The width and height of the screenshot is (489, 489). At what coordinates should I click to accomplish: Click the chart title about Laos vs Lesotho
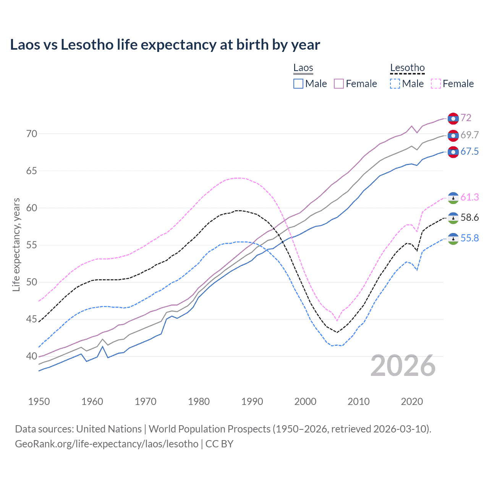[x=165, y=45]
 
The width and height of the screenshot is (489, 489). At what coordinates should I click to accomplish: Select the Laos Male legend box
[x=298, y=84]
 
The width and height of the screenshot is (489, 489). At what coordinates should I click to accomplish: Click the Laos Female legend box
[x=339, y=84]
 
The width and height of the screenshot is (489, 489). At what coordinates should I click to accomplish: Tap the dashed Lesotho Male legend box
[x=395, y=84]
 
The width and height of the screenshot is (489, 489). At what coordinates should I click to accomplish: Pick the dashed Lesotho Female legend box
[x=436, y=84]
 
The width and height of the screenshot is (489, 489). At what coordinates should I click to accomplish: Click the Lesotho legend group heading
[x=407, y=68]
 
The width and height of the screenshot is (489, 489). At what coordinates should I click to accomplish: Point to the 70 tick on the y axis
[x=32, y=134]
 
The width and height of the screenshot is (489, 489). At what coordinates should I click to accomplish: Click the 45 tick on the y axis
[x=32, y=319]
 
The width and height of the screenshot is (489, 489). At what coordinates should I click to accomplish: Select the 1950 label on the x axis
[x=39, y=402]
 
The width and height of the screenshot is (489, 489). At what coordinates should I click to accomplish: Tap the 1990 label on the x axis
[x=252, y=402]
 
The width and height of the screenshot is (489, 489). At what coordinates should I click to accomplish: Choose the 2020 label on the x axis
[x=412, y=402]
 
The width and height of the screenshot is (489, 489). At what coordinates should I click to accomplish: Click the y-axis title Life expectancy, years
[x=16, y=244]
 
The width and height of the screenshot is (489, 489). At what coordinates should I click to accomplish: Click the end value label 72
[x=466, y=118]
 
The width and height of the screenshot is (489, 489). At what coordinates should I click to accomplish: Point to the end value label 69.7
[x=470, y=135]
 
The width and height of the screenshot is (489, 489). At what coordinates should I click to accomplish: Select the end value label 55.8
[x=470, y=238]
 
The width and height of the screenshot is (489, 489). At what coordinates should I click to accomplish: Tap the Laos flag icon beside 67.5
[x=453, y=152]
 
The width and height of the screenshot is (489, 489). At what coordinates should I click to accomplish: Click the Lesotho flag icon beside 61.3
[x=453, y=198]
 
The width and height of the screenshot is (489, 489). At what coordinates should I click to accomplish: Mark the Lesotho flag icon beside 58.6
[x=453, y=218]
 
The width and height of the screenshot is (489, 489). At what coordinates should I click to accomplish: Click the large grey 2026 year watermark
[x=403, y=366]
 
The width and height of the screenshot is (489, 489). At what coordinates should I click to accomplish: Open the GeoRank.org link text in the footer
[x=107, y=444]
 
